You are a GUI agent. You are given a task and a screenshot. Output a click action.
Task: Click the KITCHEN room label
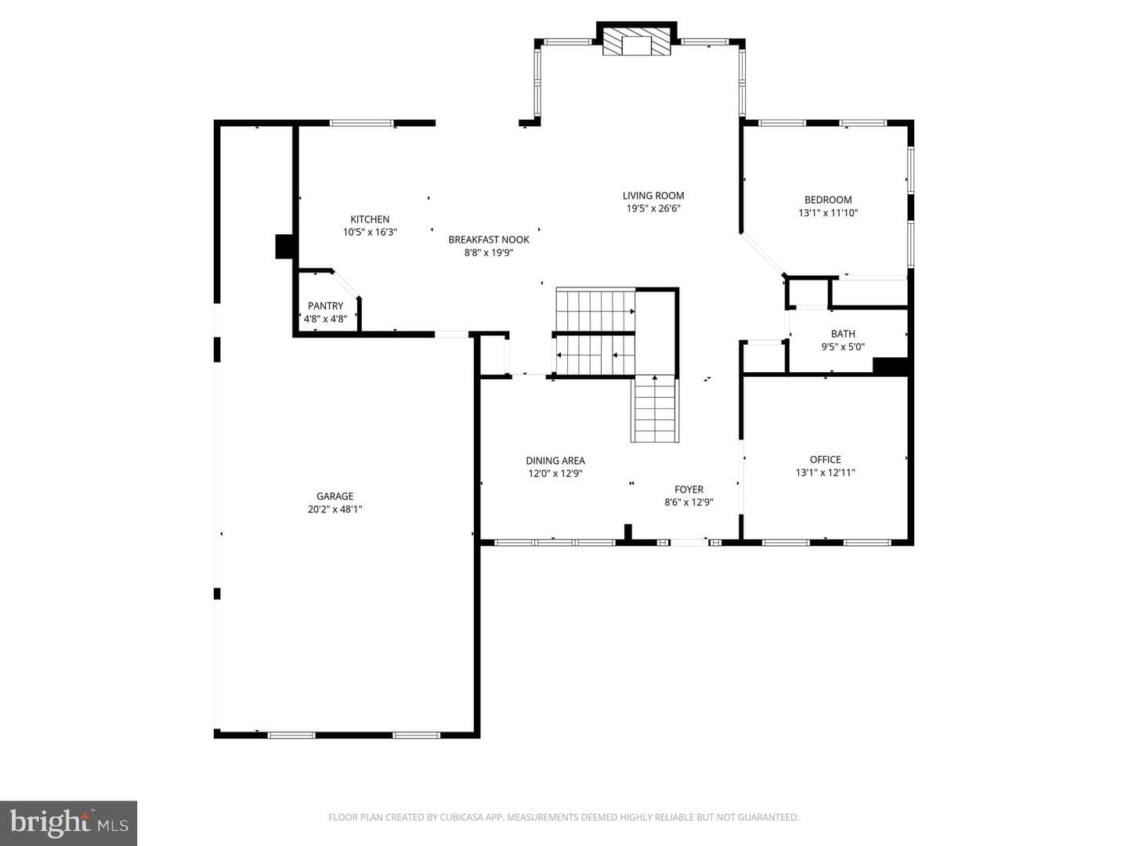[370, 219]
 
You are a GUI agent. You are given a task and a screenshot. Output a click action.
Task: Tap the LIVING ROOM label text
[653, 196]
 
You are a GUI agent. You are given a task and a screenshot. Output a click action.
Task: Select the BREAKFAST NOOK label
[488, 240]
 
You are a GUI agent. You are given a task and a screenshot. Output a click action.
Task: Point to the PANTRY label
[325, 305]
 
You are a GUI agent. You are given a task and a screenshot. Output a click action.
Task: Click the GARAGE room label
[334, 496]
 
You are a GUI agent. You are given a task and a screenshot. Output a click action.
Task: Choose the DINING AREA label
[555, 461]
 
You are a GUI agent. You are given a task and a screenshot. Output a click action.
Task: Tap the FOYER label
[689, 490]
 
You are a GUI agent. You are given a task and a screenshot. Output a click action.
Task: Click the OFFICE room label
[826, 460]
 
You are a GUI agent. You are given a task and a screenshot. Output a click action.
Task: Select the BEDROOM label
[828, 200]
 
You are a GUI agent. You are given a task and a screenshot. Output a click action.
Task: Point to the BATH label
[843, 334]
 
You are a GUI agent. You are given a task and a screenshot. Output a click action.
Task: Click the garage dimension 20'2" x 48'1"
[334, 509]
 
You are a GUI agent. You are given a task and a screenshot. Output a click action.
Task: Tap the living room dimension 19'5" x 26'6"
[653, 208]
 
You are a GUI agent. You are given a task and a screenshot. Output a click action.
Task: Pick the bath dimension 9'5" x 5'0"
[843, 347]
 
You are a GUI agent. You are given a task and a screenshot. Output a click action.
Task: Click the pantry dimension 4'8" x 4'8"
[325, 319]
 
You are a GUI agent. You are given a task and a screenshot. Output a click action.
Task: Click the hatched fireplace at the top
[636, 41]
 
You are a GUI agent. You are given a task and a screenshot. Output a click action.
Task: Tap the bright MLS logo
[68, 822]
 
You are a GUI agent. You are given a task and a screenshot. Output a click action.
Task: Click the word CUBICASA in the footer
[458, 817]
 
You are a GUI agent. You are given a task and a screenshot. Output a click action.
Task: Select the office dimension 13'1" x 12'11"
[826, 472]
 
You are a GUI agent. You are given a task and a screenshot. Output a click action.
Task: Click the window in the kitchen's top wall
[361, 123]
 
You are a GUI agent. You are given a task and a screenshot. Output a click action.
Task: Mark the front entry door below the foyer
[689, 542]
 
